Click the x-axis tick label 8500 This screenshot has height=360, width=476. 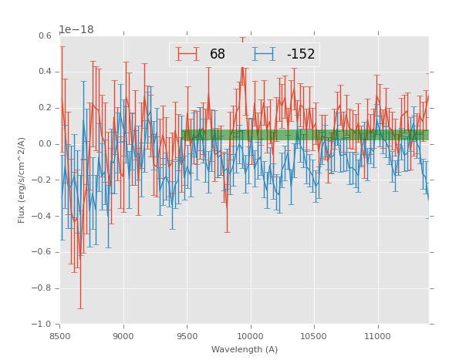tap(60, 336)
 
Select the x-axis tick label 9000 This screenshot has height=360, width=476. tap(123, 336)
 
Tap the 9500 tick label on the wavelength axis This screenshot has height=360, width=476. tap(187, 336)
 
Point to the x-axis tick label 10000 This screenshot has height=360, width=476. tap(251, 336)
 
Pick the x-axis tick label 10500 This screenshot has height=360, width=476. tap(314, 336)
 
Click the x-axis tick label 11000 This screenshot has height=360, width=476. tap(377, 336)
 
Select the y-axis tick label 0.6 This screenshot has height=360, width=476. tap(45, 36)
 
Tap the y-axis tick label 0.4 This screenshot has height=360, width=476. tap(45, 72)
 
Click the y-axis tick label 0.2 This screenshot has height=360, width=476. tap(45, 108)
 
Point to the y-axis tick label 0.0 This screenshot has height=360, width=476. tap(45, 144)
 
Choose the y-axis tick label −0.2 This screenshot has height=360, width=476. tap(42, 180)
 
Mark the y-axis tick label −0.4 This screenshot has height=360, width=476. tap(42, 217)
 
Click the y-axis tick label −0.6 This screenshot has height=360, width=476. tap(42, 252)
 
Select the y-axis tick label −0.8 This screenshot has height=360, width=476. tap(42, 288)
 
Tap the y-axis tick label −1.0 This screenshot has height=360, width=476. tap(42, 325)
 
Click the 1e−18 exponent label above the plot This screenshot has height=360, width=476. tap(76, 30)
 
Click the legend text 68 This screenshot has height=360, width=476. tap(218, 54)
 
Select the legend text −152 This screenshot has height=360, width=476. tap(301, 54)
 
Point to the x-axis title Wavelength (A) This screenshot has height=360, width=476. tap(245, 350)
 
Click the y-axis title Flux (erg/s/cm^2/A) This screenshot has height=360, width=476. tap(22, 180)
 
